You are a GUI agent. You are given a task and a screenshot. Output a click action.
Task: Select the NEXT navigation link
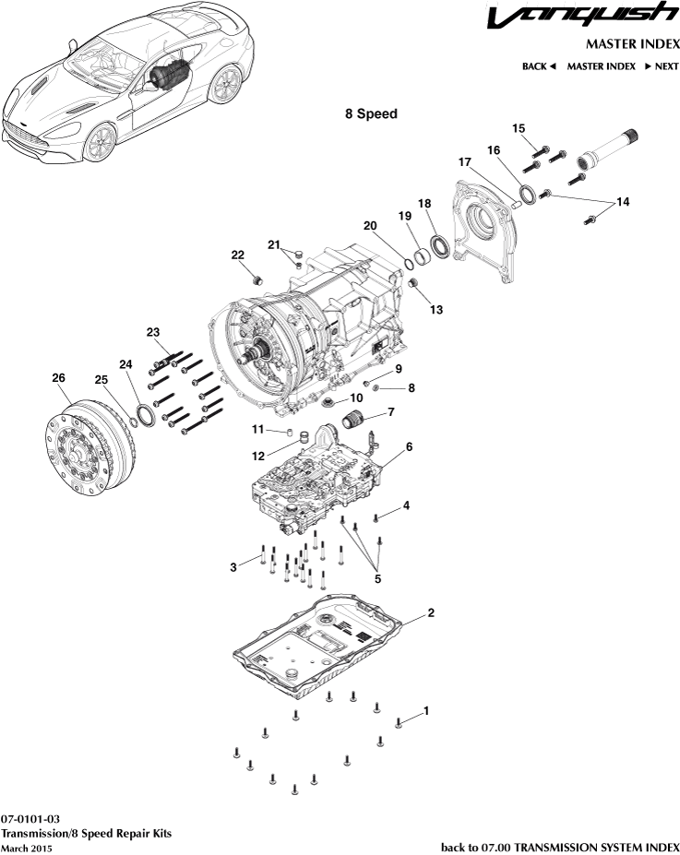(662, 66)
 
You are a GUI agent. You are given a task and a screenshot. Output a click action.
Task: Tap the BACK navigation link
(538, 66)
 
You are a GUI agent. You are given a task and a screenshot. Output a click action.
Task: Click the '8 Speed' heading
(371, 114)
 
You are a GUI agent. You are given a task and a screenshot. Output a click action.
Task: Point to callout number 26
(58, 378)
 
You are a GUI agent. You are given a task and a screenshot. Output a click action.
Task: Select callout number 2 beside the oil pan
(430, 612)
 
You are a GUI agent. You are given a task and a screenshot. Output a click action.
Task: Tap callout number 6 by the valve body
(409, 445)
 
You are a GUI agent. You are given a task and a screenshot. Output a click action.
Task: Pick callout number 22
(237, 255)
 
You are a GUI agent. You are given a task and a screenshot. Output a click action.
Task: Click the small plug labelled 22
(258, 278)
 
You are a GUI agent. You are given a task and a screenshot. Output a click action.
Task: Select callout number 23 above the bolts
(153, 332)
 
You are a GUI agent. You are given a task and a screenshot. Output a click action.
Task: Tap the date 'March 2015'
(27, 848)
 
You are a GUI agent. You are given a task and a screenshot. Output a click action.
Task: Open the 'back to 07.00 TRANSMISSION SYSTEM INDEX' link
(560, 847)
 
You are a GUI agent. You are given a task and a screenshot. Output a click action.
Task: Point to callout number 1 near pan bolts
(425, 711)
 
